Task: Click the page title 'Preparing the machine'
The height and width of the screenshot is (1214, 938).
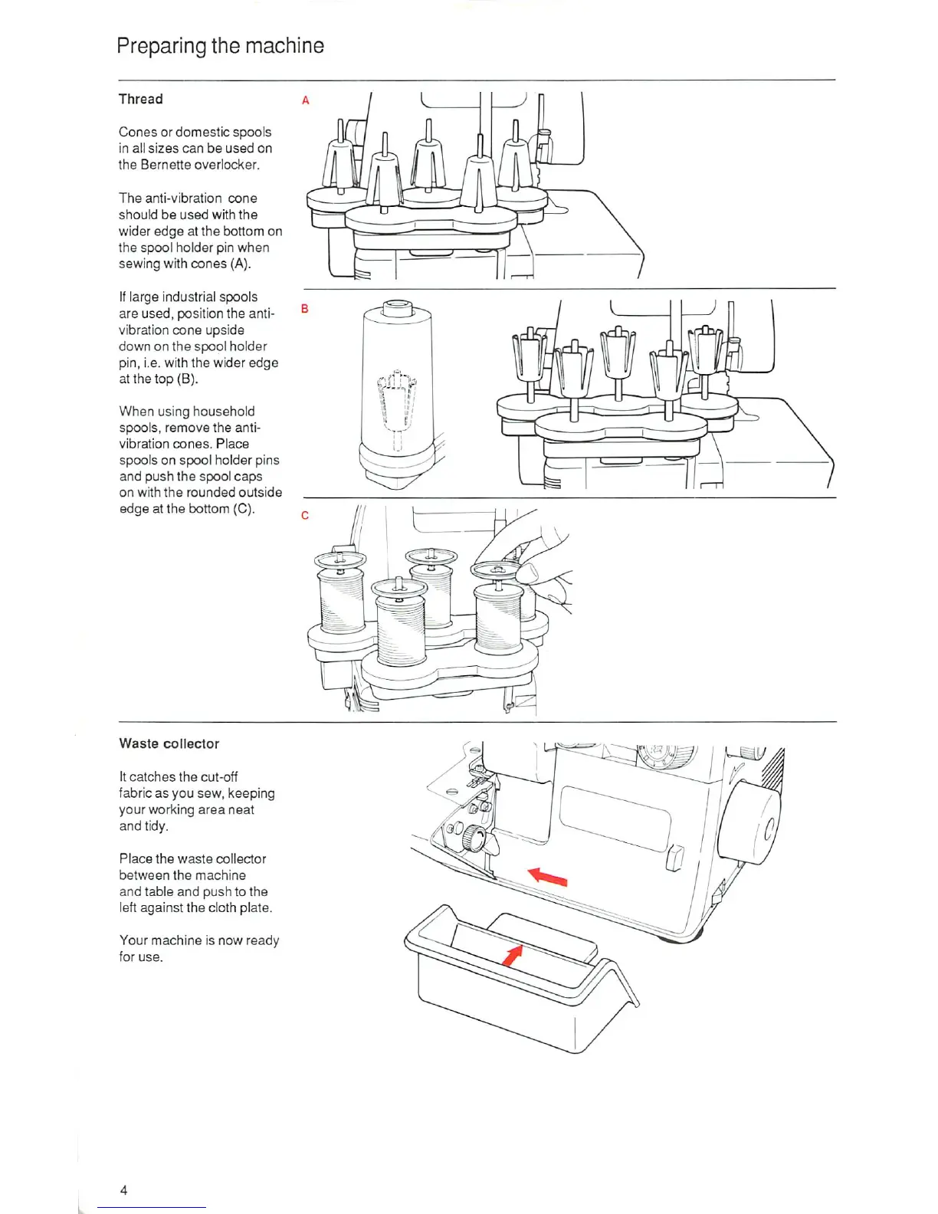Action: pos(220,46)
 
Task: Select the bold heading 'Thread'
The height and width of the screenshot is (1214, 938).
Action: pos(141,99)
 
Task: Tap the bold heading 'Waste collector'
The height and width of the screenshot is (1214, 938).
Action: pos(169,743)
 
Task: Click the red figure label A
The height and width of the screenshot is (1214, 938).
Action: pos(305,100)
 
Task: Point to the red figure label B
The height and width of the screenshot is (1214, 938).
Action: pos(304,309)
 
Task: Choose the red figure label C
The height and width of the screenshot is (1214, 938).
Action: pos(305,515)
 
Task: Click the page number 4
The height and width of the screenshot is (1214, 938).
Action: pos(123,1190)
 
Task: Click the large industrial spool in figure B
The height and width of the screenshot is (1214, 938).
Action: pos(396,391)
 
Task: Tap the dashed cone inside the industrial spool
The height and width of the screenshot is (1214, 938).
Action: pos(396,402)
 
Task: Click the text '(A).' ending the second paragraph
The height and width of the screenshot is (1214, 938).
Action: pos(240,264)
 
